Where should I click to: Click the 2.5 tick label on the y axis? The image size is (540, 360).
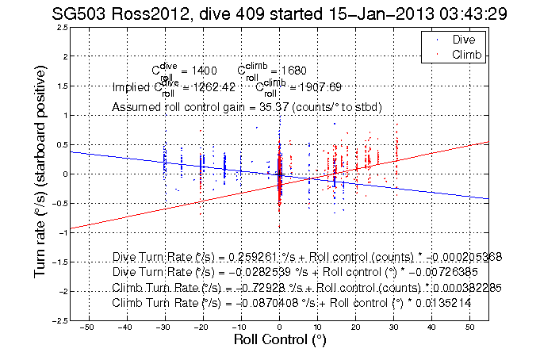coord(61,28)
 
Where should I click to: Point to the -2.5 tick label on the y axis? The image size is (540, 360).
coord(59,321)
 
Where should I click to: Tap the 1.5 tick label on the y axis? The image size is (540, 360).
coord(61,86)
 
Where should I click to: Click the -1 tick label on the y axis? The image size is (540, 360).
coord(62,233)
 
